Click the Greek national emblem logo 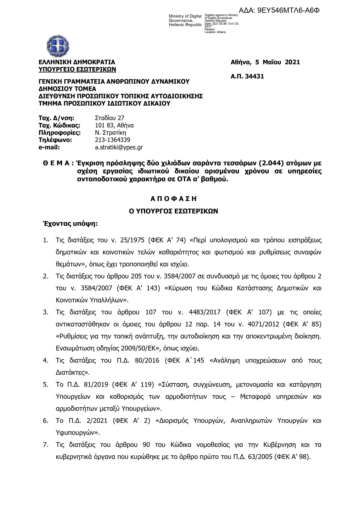pyautogui.click(x=58, y=46)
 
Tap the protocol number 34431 pyautogui.click(x=254, y=77)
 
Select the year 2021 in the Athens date pyautogui.click(x=292, y=62)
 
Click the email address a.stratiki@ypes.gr pyautogui.click(x=119, y=147)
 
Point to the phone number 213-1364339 pyautogui.click(x=113, y=140)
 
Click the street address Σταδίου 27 pyautogui.click(x=110, y=118)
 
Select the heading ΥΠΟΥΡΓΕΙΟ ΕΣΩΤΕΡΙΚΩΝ pyautogui.click(x=77, y=69)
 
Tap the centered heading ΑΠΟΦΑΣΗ pyautogui.click(x=173, y=199)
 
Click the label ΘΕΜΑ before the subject pyautogui.click(x=56, y=163)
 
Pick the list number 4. pyautogui.click(x=46, y=361)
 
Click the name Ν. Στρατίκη pyautogui.click(x=111, y=133)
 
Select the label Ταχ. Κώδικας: pyautogui.click(x=59, y=126)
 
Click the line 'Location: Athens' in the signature pyautogui.click(x=215, y=32)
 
